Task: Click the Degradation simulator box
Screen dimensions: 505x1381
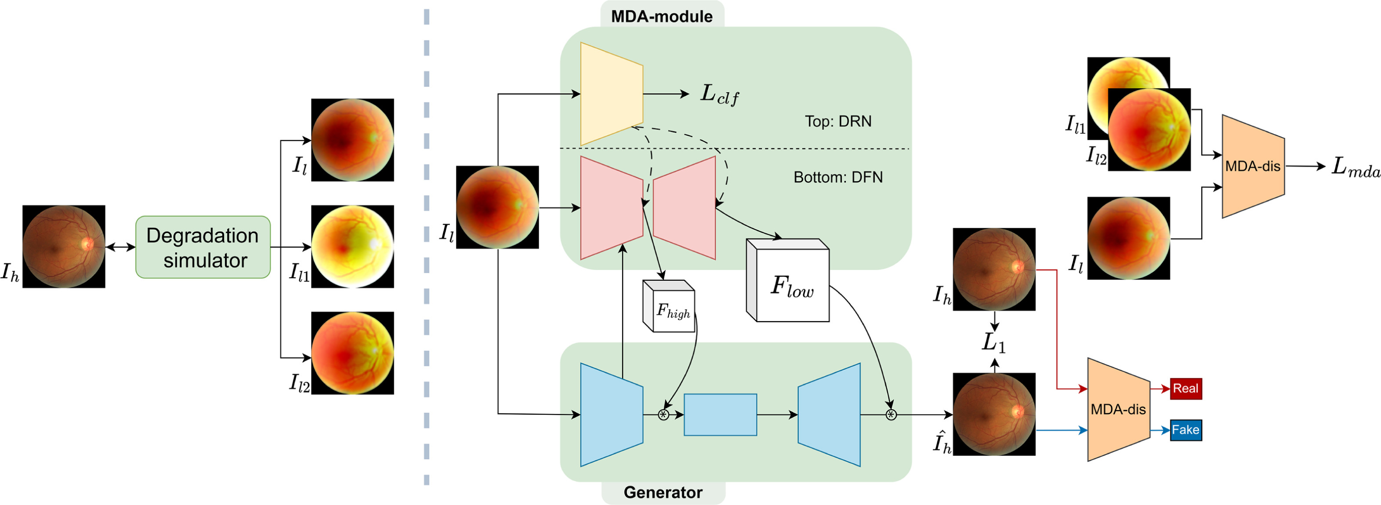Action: tap(203, 247)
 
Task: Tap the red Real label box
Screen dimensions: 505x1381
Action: tap(1185, 389)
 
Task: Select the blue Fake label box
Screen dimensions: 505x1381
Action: tap(1185, 430)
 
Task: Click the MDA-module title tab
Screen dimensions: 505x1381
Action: tap(662, 16)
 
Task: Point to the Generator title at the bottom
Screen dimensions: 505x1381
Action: tap(663, 492)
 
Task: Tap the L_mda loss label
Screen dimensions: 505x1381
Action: tap(1355, 167)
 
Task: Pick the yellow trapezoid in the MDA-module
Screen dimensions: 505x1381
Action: tap(611, 94)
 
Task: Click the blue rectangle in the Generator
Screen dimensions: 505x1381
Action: tap(720, 414)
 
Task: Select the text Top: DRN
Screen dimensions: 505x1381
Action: tap(837, 121)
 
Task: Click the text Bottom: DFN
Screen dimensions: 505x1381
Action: tap(837, 178)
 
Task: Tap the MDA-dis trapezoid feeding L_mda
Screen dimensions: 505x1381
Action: tap(1252, 166)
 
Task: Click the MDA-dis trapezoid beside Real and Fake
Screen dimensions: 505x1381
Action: tap(1118, 410)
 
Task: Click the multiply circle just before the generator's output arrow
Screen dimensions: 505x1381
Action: tap(891, 414)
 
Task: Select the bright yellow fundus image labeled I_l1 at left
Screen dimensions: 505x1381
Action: tap(352, 247)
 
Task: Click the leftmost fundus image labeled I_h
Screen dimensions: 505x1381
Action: tap(63, 247)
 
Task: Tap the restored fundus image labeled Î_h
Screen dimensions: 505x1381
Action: tap(993, 414)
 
